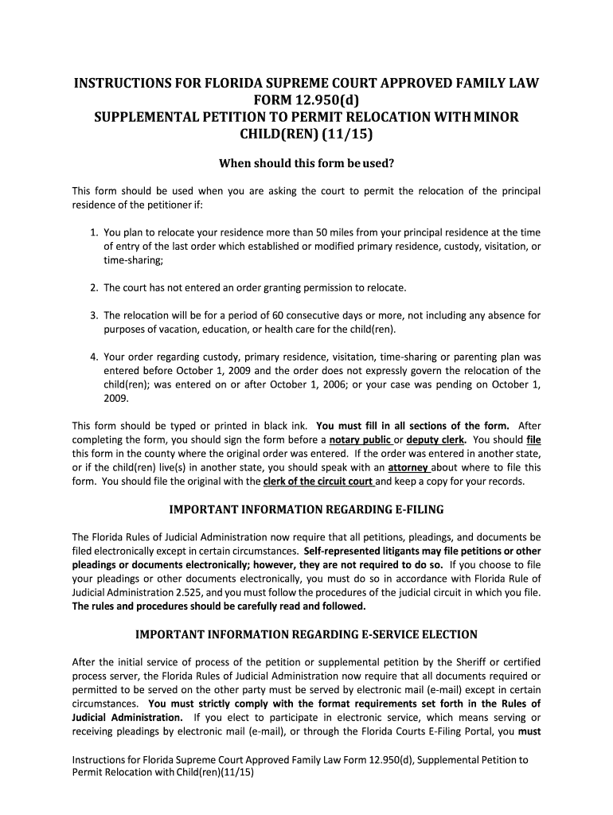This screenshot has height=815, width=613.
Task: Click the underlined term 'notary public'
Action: click(361, 439)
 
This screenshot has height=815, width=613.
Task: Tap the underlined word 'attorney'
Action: click(409, 467)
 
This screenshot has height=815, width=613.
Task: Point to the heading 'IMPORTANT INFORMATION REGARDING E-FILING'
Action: click(306, 509)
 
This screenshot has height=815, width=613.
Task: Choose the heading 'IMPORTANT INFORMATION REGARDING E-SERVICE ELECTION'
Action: click(306, 634)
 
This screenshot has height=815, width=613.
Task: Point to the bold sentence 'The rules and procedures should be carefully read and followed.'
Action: click(219, 606)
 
